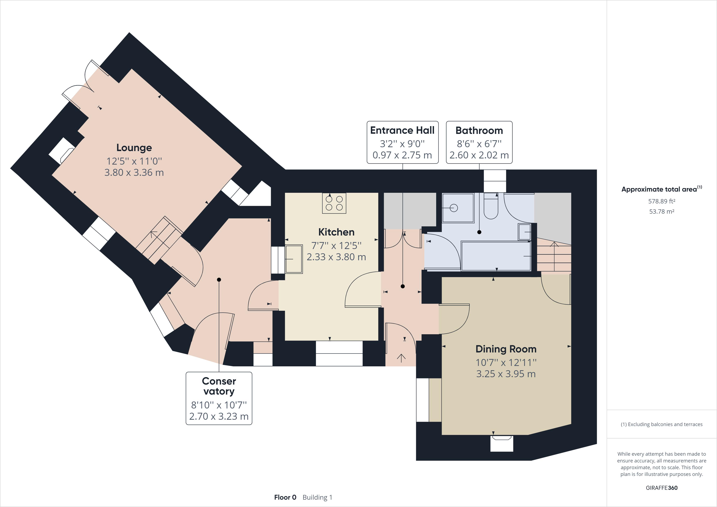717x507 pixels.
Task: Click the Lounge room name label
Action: coord(134,148)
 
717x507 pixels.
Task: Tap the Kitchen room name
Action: coord(336,232)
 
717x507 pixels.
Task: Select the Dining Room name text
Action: coord(506,349)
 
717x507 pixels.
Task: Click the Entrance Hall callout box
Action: coord(402,142)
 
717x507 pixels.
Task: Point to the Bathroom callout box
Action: coord(479,142)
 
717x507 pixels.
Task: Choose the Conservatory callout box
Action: coord(219,398)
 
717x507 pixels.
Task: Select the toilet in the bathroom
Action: coord(491,206)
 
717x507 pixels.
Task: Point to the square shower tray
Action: coord(458,208)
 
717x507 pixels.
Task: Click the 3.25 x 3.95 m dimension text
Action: coord(506,374)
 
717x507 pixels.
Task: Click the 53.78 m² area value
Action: coord(662,211)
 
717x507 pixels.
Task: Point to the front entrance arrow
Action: coord(401,358)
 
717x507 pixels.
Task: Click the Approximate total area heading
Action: coord(662,189)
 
